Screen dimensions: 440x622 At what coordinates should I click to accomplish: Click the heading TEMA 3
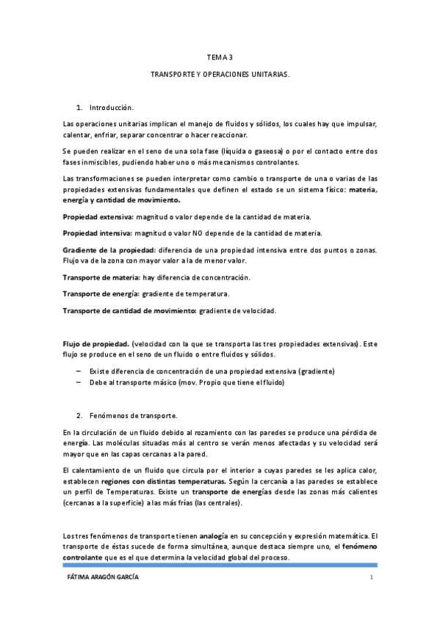tap(220, 56)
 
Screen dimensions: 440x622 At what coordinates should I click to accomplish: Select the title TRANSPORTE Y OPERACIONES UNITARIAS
tap(220, 76)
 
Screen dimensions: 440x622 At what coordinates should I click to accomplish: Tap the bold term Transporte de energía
tap(101, 294)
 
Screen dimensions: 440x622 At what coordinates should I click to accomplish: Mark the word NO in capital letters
tap(196, 233)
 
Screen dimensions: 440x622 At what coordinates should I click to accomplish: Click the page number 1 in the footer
tap(372, 578)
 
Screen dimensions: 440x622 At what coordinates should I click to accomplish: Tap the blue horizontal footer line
tap(220, 565)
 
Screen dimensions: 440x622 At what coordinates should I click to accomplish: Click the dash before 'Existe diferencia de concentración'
tap(79, 371)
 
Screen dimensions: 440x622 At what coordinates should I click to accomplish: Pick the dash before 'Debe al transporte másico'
tap(79, 382)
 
